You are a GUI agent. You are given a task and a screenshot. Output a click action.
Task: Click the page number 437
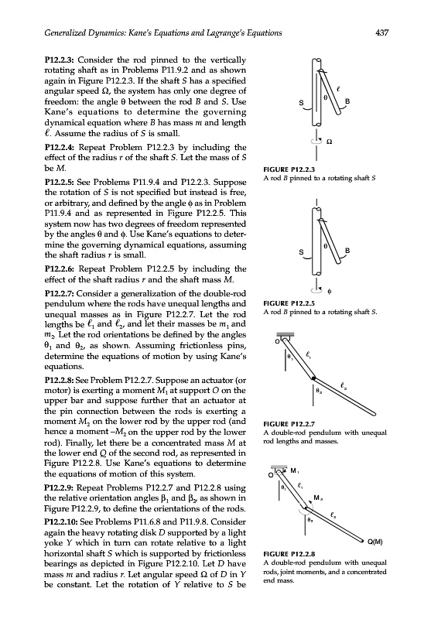coord(381,32)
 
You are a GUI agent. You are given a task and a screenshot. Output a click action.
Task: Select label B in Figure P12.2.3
coord(347,101)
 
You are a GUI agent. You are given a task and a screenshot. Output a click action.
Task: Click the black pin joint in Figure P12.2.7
coord(313,378)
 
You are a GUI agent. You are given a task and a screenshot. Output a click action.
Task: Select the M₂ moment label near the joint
coord(318,498)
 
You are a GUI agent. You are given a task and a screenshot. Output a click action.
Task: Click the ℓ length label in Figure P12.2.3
coord(338,89)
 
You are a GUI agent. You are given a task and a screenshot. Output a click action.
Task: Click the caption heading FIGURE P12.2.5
coord(289,303)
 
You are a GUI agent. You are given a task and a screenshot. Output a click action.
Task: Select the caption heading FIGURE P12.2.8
coord(289,554)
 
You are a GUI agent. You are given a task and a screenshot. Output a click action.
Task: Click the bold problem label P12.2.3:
coord(60,60)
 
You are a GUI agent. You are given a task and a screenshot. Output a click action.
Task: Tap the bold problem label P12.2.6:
coord(60,268)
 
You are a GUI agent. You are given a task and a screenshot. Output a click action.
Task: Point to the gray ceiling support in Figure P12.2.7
coord(288,335)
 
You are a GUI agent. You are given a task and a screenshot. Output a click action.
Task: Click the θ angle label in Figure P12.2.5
coord(325,246)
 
